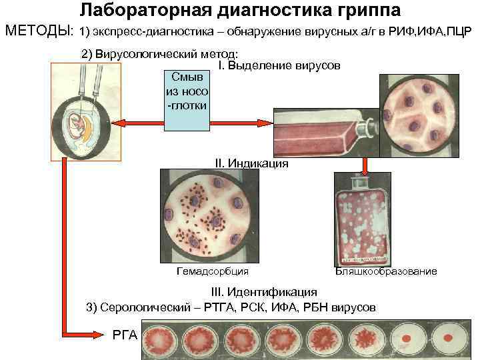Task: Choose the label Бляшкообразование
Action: point(386,271)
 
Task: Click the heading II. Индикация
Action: point(251,163)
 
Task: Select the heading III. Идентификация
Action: point(264,292)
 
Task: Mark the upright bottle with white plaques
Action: point(363,224)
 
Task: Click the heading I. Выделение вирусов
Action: point(279,66)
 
